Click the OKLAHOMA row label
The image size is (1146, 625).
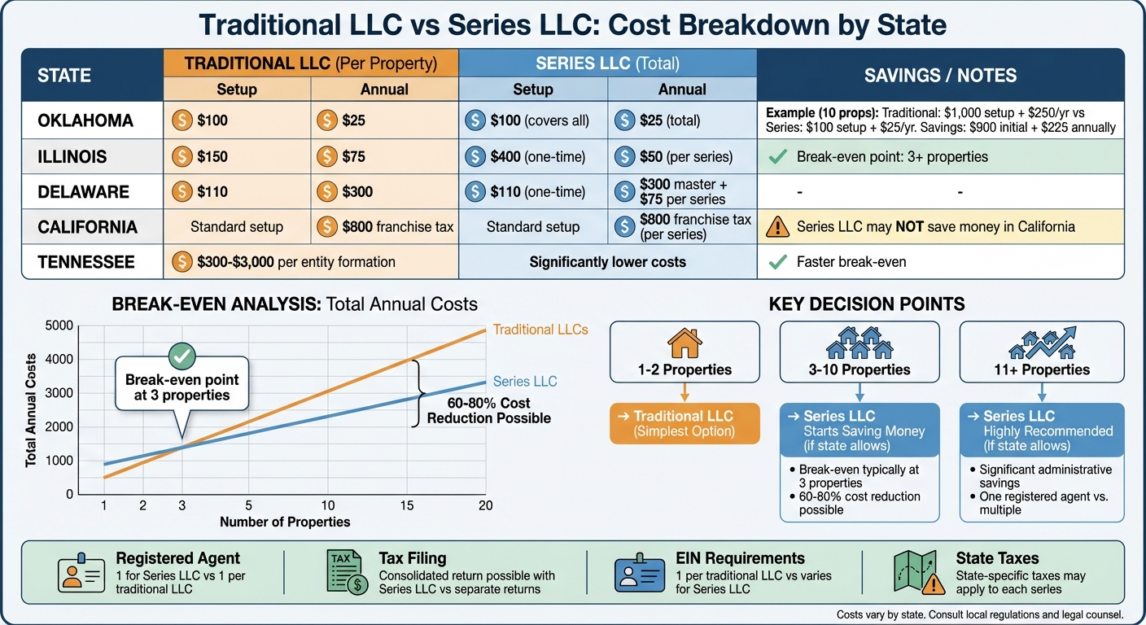(x=85, y=120)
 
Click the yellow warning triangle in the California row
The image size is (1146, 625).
(x=778, y=227)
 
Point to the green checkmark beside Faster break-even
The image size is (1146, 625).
(x=778, y=262)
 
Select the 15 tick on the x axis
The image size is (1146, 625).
(x=406, y=506)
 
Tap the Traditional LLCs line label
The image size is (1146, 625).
(x=540, y=330)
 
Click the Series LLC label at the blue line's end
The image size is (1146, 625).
(x=525, y=381)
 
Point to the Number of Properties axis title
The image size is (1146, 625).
(x=285, y=522)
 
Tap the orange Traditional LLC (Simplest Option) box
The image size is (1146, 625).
(x=684, y=423)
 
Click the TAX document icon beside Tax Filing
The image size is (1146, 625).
(x=345, y=572)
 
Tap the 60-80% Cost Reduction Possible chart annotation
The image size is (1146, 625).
(x=488, y=410)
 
